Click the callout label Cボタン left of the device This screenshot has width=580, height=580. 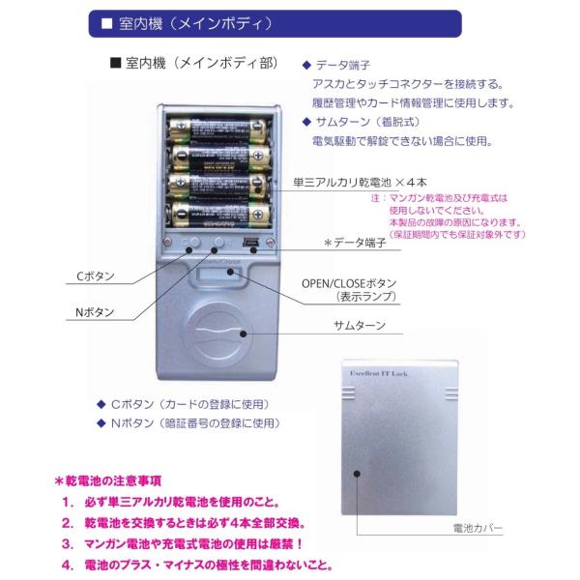(96, 275)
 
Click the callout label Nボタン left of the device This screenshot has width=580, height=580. (96, 312)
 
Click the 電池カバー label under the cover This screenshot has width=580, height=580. (477, 529)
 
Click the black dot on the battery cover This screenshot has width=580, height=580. (356, 473)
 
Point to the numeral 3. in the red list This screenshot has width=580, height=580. (69, 544)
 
